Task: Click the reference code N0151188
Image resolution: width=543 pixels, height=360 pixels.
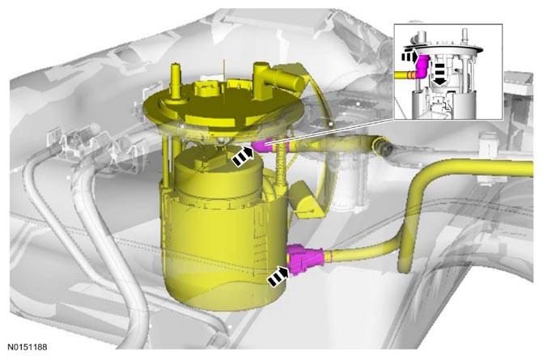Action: tap(28, 347)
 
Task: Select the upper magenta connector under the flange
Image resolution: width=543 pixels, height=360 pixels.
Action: tap(262, 146)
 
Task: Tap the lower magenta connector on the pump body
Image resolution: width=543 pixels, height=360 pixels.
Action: tap(305, 259)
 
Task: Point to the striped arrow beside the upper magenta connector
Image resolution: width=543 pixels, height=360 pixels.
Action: tap(243, 156)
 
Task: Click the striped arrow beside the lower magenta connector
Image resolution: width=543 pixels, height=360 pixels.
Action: tap(278, 276)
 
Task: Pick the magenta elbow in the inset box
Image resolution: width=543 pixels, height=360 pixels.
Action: tap(422, 66)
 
